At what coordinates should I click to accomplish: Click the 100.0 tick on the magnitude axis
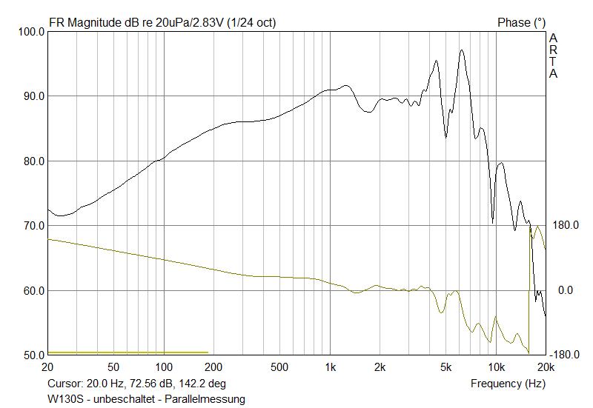[x=30, y=32]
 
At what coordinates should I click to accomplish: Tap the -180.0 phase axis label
[x=565, y=355]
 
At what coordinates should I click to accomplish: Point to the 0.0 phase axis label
[x=566, y=290]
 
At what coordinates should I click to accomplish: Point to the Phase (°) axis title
[x=521, y=23]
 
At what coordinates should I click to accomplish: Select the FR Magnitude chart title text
[x=162, y=23]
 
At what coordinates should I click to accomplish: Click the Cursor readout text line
[x=136, y=384]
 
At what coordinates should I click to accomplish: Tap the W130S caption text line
[x=146, y=399]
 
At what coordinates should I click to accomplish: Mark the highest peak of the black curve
[x=462, y=50]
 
